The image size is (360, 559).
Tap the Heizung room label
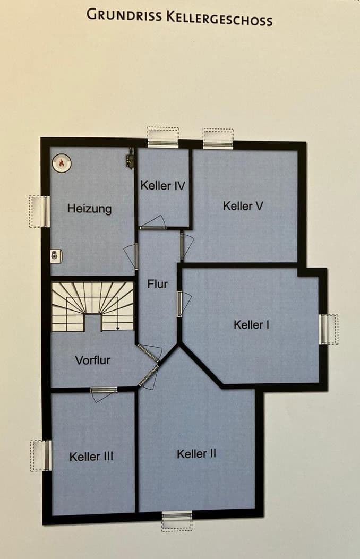89,209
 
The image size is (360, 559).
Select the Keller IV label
162,186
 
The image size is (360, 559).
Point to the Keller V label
243,206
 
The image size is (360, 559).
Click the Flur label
157,284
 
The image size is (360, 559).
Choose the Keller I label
251,324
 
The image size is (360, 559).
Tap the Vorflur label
92,360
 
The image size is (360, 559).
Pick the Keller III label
91,457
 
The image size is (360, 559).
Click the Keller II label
196,454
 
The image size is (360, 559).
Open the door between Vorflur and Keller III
104,391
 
